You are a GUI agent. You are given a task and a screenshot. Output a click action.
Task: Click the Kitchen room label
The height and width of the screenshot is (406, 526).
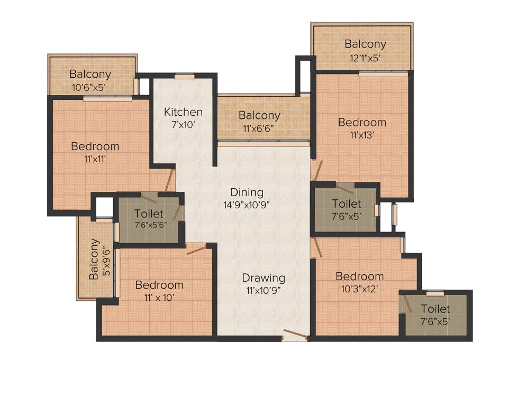[183, 112]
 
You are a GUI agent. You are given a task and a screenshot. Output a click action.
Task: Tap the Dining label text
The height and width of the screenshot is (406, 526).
[246, 192]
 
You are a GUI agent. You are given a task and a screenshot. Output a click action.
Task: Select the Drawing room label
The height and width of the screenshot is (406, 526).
[264, 278]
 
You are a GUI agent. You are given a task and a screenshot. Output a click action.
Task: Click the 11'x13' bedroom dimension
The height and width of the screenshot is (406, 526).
[362, 135]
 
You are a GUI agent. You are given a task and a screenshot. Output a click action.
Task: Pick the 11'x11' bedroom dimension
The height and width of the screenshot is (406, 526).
[95, 159]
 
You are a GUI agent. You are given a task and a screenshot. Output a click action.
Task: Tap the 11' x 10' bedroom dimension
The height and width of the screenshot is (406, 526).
[159, 297]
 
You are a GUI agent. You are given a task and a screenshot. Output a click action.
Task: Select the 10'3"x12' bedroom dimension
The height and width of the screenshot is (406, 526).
[360, 289]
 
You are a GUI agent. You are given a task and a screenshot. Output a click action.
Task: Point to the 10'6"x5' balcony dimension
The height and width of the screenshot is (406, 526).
[90, 87]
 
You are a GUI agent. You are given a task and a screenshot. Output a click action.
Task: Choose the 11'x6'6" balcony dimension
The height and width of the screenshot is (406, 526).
[259, 128]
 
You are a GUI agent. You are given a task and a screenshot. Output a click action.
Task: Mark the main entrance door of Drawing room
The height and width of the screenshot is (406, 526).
[295, 335]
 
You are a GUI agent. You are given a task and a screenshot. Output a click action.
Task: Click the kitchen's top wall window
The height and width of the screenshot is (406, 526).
[185, 76]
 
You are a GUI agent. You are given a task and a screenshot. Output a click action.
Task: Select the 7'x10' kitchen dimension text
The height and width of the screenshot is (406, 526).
[183, 125]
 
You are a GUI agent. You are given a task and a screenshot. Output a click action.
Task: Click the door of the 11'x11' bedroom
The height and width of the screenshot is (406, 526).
[169, 180]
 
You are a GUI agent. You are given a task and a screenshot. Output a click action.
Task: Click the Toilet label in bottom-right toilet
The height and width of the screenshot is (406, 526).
[435, 309]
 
